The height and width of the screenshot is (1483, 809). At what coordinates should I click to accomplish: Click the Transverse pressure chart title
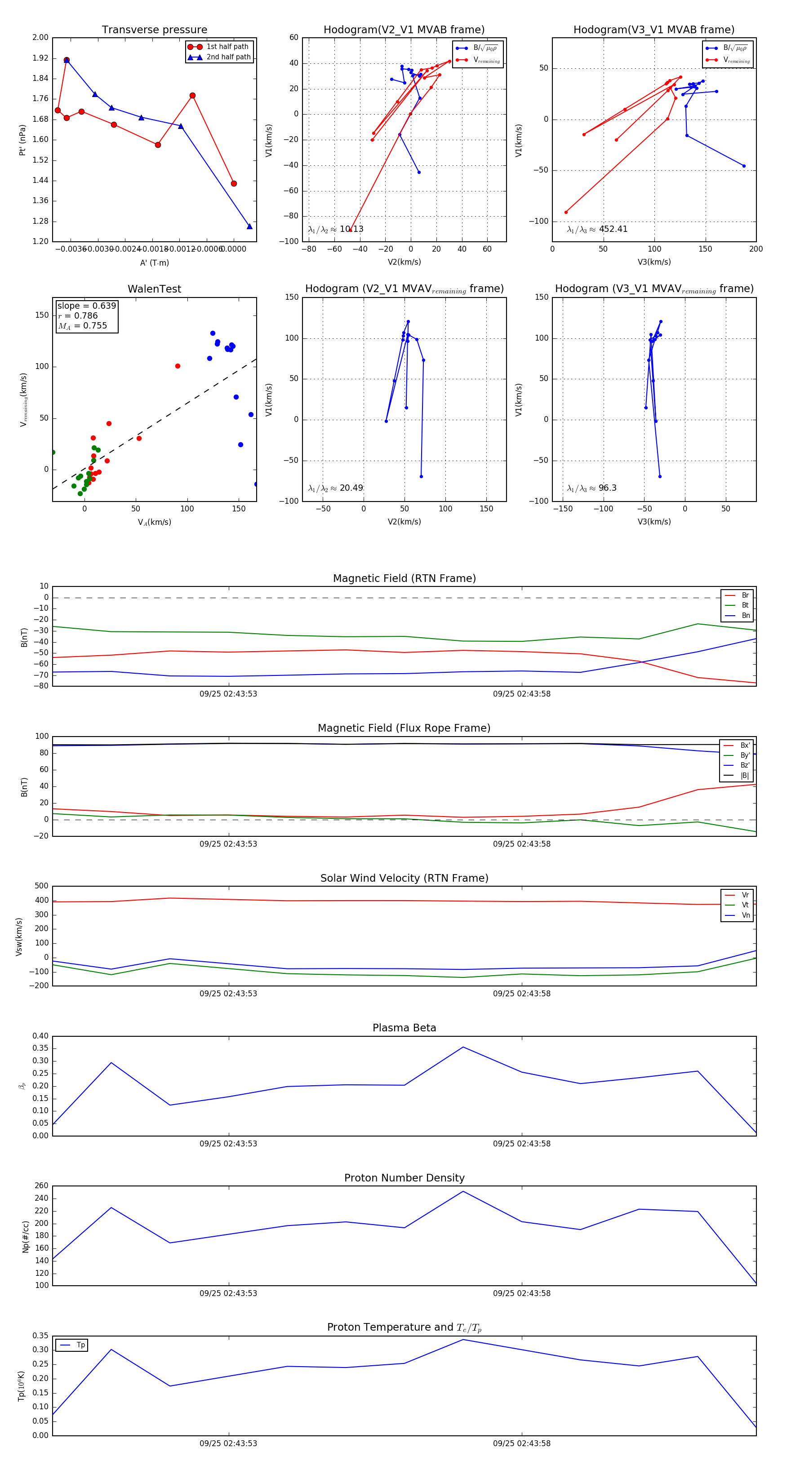154,30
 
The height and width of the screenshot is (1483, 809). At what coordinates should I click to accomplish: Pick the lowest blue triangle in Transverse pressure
249,226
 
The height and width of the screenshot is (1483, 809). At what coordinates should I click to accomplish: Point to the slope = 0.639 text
86,306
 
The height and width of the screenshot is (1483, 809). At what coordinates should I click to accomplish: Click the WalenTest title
154,289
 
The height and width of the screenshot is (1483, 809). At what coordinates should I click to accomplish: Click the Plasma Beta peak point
463,1047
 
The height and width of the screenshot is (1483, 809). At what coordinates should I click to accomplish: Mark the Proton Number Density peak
463,1191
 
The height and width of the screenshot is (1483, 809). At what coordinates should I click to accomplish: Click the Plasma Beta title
404,1028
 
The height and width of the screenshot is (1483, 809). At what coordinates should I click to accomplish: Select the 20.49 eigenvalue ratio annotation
336,488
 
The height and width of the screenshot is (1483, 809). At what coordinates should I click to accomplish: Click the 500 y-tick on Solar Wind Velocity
41,886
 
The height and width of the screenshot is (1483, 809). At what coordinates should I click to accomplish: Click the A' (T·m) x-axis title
154,262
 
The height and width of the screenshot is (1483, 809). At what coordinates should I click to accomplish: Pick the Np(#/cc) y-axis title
25,1236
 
